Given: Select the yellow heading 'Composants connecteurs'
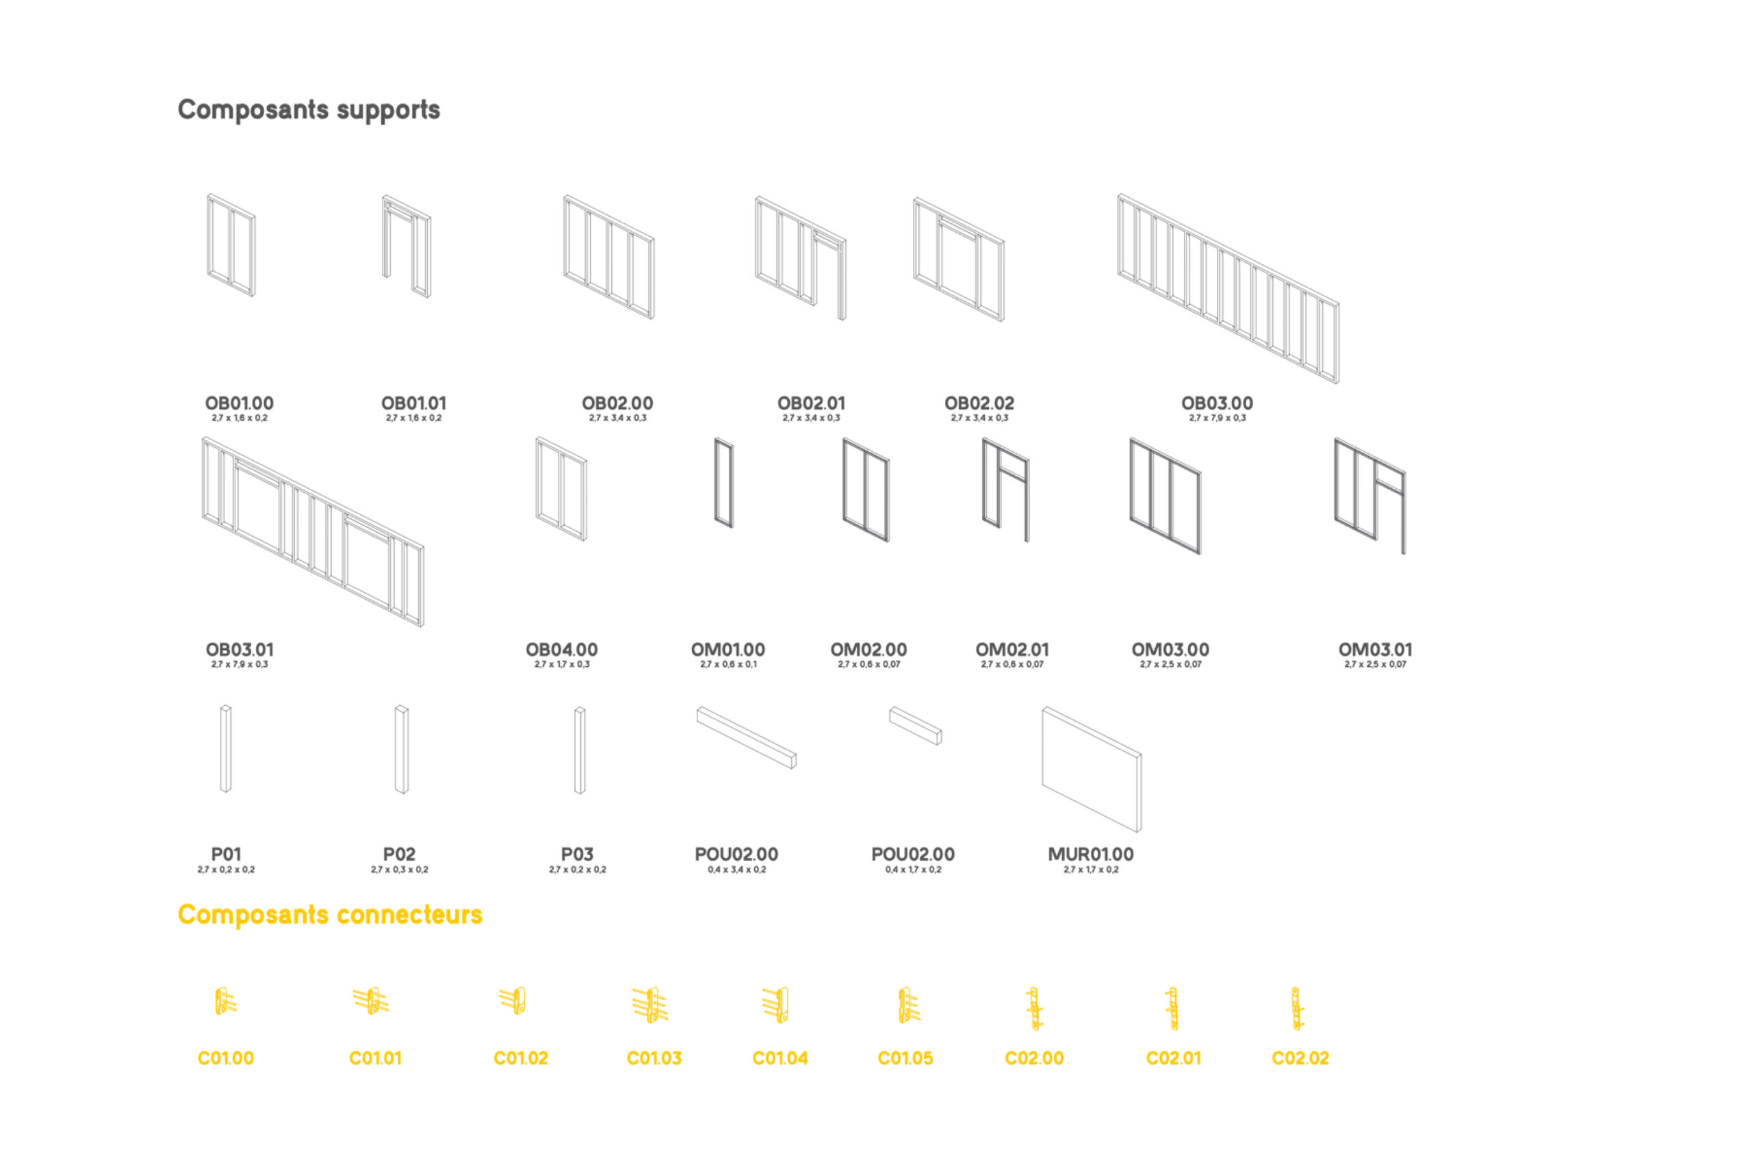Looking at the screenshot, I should (329, 914).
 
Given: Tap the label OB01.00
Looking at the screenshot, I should (239, 403).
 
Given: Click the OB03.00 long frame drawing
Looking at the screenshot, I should (1227, 288).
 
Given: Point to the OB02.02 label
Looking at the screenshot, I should (979, 403).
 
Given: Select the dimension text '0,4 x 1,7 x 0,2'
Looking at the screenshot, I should (912, 869).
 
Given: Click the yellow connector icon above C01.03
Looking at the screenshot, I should (650, 1005).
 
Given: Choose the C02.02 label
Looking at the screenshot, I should (1300, 1058).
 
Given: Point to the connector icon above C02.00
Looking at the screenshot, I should (1033, 1008).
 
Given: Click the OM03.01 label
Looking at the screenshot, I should (1374, 650).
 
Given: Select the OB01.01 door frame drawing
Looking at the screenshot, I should (407, 246).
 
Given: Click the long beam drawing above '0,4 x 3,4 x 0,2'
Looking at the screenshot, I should (746, 737).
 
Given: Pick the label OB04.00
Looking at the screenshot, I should (561, 650).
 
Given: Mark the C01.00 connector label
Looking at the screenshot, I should (226, 1058).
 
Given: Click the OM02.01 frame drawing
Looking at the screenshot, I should (1005, 490).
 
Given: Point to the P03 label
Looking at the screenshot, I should (577, 854).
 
